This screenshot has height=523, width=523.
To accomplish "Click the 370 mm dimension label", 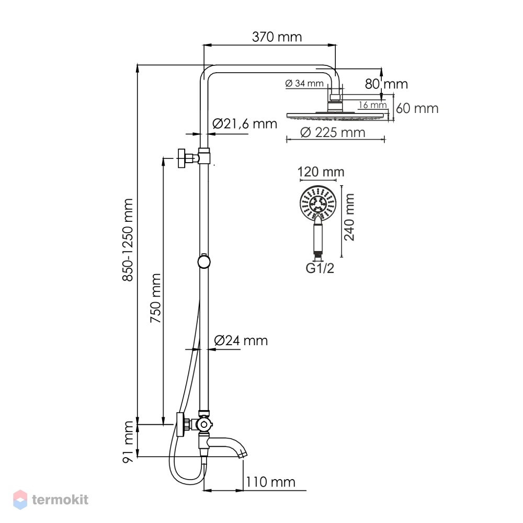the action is (277, 37).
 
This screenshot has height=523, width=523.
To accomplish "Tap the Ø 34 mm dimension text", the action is (304, 83).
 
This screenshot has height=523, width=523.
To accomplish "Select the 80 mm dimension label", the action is (386, 84).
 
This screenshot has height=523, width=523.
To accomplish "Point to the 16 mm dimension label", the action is (373, 105).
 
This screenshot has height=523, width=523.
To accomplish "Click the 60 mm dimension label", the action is (417, 109).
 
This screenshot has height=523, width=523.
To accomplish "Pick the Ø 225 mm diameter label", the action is (333, 133).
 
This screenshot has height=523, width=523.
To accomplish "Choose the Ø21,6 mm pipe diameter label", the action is (245, 124).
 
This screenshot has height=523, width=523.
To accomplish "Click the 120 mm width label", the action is (321, 172).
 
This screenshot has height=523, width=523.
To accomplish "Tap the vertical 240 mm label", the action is (349, 218).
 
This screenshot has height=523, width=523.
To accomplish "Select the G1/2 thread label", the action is (320, 268).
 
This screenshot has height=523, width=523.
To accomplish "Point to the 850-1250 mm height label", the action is (128, 240).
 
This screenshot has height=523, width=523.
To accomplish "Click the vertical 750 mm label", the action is (156, 298).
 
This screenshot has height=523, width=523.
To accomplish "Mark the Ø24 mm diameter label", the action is (241, 341).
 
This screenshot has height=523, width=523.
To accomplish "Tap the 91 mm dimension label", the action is (129, 441).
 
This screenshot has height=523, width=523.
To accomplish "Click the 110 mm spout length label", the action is (270, 482).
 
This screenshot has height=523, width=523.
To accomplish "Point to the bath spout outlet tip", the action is (244, 455).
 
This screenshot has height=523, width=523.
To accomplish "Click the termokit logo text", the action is (60, 499).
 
